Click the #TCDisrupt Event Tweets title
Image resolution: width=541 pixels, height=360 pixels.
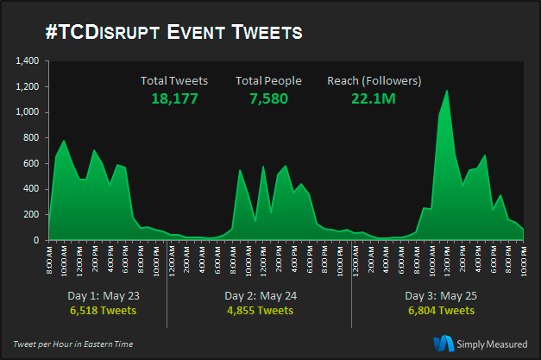173,33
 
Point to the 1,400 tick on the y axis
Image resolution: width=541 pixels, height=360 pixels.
27,61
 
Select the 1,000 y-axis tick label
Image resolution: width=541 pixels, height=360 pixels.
27,112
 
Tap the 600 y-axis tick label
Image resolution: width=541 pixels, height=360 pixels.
31,163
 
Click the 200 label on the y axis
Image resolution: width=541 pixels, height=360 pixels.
31,214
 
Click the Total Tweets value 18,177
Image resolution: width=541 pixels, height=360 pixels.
174,99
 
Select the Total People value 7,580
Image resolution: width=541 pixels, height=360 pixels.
268,99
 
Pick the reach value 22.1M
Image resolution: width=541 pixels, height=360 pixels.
374,99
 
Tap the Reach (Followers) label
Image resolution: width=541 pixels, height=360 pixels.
374,81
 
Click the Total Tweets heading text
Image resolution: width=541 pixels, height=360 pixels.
174,81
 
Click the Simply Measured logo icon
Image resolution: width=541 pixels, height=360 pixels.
444,343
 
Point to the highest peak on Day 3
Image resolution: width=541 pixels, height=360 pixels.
446,91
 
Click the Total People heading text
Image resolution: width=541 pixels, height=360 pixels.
268,81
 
